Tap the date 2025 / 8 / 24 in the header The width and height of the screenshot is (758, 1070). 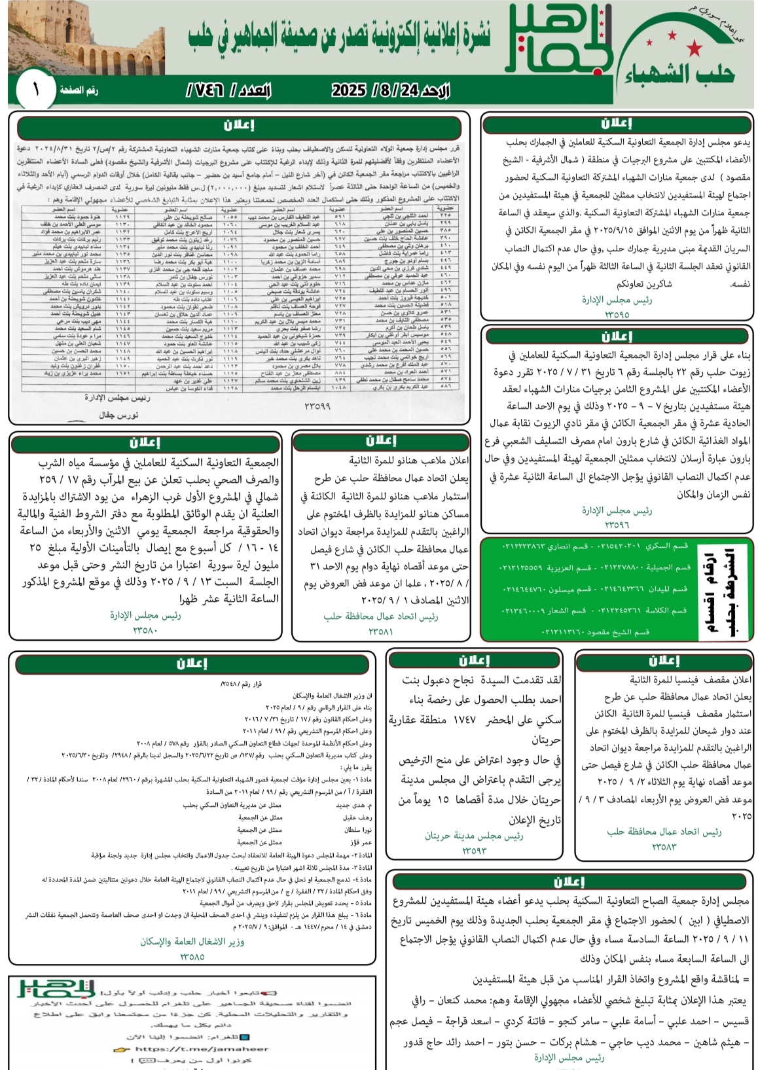[x=390, y=90]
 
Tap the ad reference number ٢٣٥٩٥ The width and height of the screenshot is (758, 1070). [x=617, y=314]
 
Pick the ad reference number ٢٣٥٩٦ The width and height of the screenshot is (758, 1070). [x=617, y=524]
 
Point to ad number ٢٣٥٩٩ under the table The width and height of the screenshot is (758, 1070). [x=317, y=406]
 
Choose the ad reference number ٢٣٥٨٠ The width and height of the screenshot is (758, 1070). [x=145, y=630]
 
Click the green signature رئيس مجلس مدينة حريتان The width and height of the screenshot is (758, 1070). [x=474, y=836]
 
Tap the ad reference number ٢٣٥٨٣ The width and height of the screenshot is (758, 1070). [x=664, y=847]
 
